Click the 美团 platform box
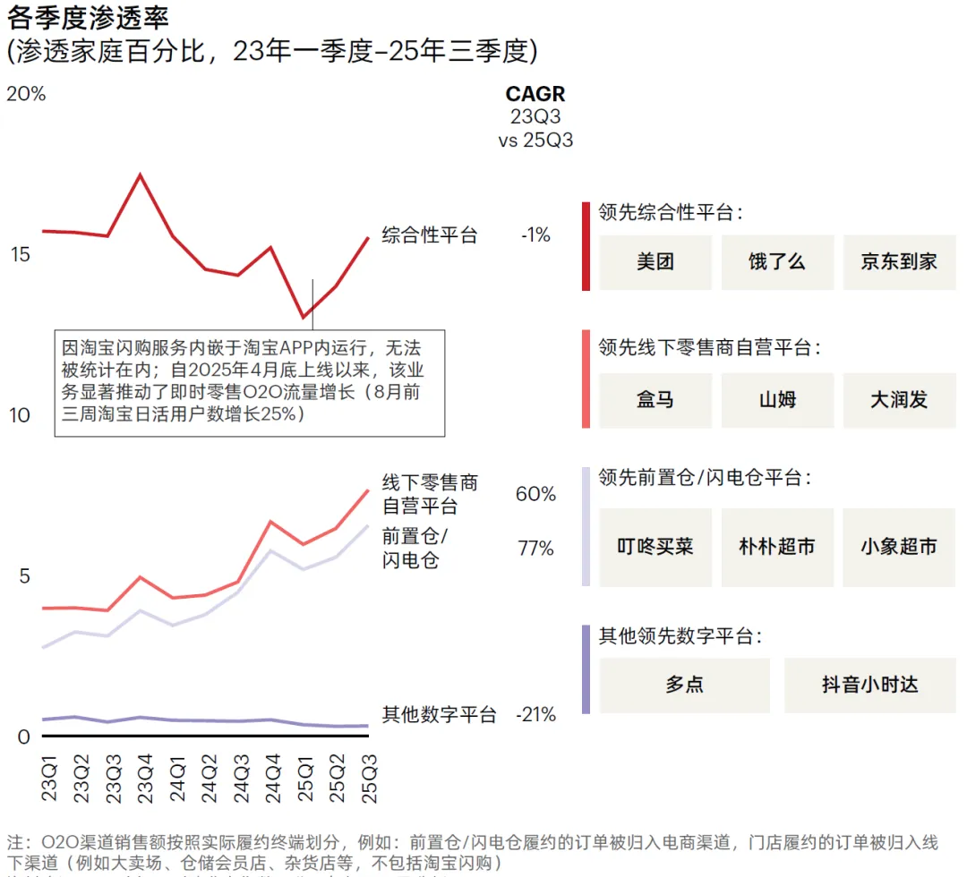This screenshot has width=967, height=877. [x=655, y=262]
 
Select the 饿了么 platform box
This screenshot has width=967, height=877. [x=777, y=262]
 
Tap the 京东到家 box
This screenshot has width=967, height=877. [x=899, y=262]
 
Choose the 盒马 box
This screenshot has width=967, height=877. [x=655, y=400]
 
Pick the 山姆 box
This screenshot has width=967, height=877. [x=777, y=400]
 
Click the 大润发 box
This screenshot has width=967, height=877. [x=899, y=400]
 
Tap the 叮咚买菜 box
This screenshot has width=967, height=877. [x=655, y=547]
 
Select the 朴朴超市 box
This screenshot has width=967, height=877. [x=777, y=547]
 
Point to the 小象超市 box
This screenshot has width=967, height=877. [x=899, y=547]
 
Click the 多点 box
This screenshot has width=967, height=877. [x=685, y=685]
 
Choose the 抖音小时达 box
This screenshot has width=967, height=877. [x=870, y=685]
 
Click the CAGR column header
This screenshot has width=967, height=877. [x=535, y=95]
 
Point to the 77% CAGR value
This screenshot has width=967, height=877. [x=535, y=549]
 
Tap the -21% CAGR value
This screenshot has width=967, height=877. [x=535, y=715]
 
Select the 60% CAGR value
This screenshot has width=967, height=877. [x=535, y=494]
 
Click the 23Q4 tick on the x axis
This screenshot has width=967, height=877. [x=140, y=779]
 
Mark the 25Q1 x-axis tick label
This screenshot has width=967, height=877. [x=305, y=779]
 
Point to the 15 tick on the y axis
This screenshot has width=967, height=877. [x=20, y=255]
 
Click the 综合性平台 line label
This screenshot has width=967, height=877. [x=430, y=235]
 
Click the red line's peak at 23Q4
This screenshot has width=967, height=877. [x=140, y=175]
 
